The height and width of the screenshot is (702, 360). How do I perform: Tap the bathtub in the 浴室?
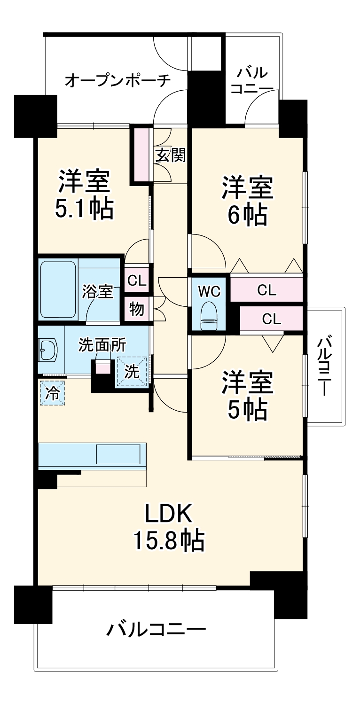click(x=58, y=289)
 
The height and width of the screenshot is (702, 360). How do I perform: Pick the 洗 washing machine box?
click(x=132, y=372)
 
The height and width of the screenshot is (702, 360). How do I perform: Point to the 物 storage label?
click(x=137, y=310)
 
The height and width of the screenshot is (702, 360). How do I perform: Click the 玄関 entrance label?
click(x=170, y=155)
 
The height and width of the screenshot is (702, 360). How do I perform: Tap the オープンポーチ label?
click(x=117, y=81)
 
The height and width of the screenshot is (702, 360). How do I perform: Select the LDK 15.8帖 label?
click(x=169, y=528)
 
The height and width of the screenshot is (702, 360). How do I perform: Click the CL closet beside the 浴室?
click(x=137, y=281)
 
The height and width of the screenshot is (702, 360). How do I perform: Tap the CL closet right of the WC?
click(x=267, y=290)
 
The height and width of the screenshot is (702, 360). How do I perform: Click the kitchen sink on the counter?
click(x=118, y=455)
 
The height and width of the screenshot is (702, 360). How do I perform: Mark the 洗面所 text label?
click(x=102, y=345)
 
